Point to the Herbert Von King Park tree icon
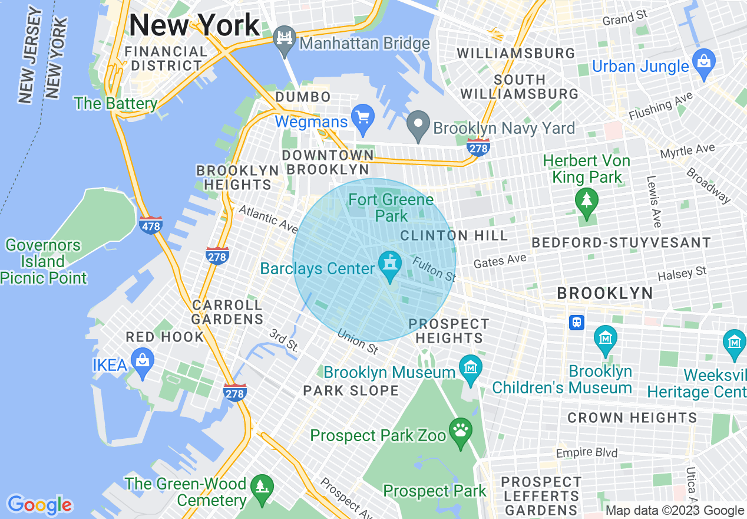tap(586, 201)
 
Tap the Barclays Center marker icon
tap(389, 262)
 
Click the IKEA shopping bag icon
tap(143, 361)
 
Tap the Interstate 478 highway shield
tap(151, 225)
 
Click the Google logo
tap(39, 505)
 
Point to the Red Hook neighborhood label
tap(164, 337)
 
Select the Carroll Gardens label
tap(227, 312)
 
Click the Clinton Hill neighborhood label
tap(454, 235)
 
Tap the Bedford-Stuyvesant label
tap(621, 242)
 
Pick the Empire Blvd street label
tap(587, 453)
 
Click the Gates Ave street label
tap(500, 261)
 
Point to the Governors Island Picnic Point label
tap(44, 261)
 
